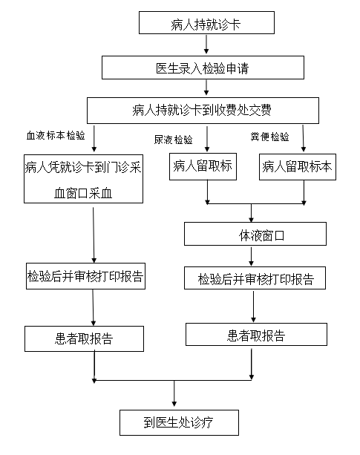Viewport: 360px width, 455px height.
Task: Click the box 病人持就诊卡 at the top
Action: (x=206, y=22)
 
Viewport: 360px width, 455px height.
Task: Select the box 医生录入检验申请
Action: (x=203, y=68)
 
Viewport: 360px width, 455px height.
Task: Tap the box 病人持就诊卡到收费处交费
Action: (x=203, y=111)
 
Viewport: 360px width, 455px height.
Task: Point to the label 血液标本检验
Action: (x=56, y=136)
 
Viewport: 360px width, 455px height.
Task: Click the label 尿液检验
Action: (x=173, y=140)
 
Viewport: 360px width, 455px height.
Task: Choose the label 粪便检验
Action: (x=269, y=137)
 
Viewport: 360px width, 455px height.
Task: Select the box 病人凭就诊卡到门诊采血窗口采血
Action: (x=84, y=179)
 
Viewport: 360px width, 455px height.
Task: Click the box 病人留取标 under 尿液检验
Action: (x=203, y=166)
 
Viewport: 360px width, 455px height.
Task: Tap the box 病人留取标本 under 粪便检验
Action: (x=298, y=167)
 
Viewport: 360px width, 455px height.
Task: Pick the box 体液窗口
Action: (x=255, y=234)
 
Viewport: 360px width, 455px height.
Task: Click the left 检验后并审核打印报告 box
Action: (x=85, y=276)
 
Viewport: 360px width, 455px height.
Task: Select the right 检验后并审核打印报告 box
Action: (x=255, y=278)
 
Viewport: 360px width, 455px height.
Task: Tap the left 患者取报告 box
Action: (x=84, y=338)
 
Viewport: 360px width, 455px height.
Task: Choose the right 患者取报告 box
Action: (x=256, y=334)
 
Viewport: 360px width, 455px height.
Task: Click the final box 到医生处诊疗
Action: (x=180, y=422)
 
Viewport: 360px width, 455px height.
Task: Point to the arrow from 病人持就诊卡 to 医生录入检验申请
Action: (x=206, y=45)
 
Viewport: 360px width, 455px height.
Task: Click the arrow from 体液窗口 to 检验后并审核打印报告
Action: (x=251, y=256)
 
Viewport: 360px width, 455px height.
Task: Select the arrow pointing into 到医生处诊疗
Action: (x=174, y=393)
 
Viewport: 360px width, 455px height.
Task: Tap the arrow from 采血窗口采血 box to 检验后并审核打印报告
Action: (x=94, y=235)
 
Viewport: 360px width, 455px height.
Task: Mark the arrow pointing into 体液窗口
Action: (x=251, y=213)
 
